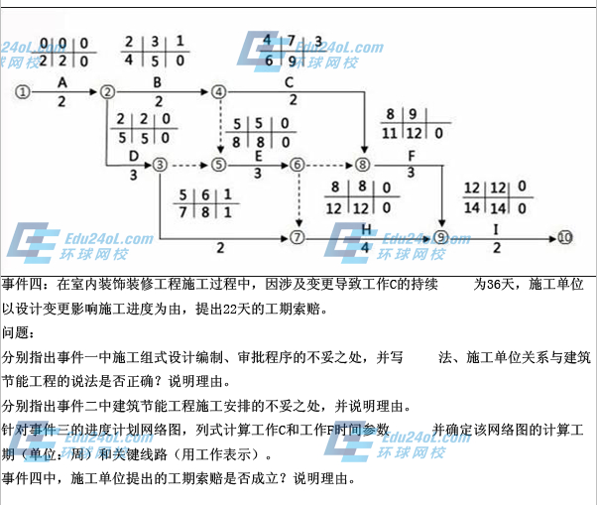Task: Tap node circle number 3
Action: point(161,165)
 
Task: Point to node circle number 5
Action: point(220,165)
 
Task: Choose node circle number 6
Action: point(296,165)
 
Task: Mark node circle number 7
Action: point(296,238)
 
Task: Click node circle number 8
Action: point(364,165)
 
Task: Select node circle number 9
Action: point(441,238)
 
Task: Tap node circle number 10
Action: point(564,238)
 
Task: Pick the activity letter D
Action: point(134,156)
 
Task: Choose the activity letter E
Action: point(258,156)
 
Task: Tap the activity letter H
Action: point(366,229)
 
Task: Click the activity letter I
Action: point(496,229)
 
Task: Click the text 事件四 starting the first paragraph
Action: point(22,285)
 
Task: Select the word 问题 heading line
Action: point(16,332)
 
